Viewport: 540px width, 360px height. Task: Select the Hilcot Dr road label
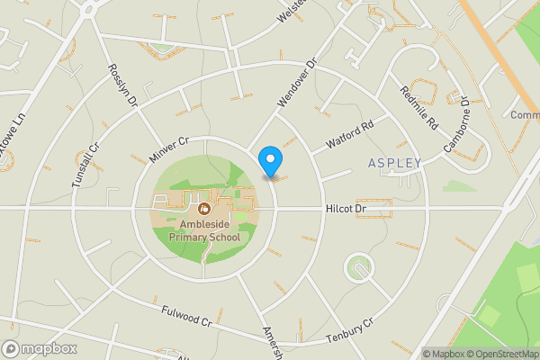tap(347, 209)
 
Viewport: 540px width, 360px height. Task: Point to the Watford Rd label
tap(349, 137)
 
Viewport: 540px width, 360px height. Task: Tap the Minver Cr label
tap(168, 150)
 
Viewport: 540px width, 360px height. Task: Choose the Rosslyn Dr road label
tap(121, 85)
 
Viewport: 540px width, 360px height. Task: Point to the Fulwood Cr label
tap(185, 316)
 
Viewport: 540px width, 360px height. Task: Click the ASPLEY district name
tap(395, 163)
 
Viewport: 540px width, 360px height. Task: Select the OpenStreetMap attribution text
tap(494, 354)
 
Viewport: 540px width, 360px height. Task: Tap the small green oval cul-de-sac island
tap(360, 265)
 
